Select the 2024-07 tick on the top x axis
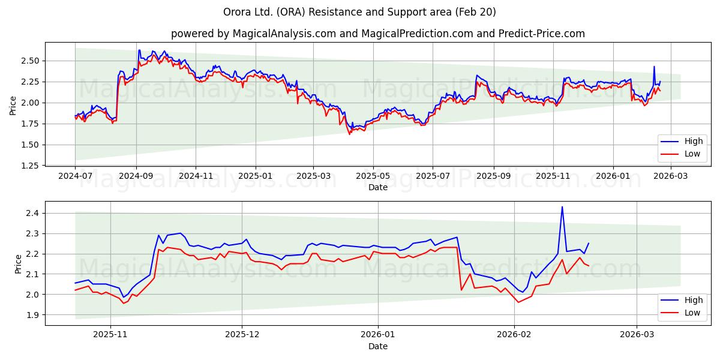[x=75, y=176]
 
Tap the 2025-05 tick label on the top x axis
[x=373, y=176]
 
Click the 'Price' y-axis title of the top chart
[x=13, y=106]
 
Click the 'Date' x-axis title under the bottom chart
[x=377, y=346]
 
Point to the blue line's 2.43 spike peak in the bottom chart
[x=562, y=207]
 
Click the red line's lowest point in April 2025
[x=350, y=134]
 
